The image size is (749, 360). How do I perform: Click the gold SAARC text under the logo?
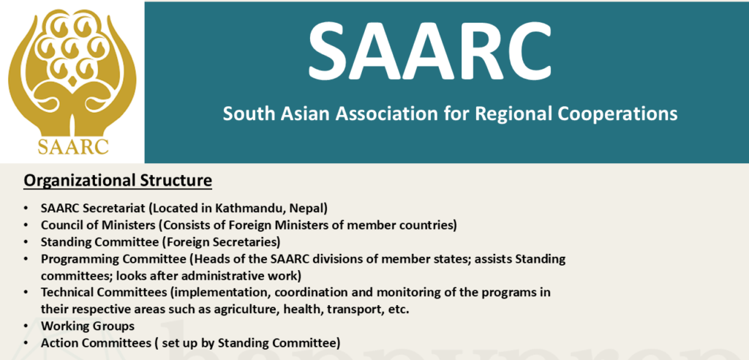pyautogui.click(x=73, y=146)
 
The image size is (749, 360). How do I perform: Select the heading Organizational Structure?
pyautogui.click(x=118, y=181)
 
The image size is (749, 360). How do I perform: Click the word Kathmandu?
pyautogui.click(x=244, y=209)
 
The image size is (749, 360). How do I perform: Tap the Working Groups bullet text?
pyautogui.click(x=88, y=326)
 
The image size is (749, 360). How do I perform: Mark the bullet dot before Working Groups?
pyautogui.click(x=26, y=326)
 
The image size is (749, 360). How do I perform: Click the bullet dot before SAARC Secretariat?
pyautogui.click(x=26, y=209)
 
